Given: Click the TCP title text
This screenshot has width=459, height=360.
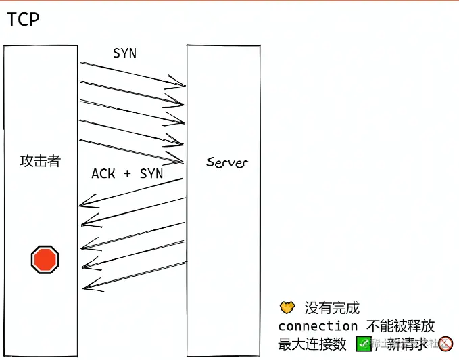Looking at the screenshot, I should click(x=23, y=20).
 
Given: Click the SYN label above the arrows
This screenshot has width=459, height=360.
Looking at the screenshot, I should click(x=124, y=53).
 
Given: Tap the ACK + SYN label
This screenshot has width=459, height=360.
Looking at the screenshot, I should click(x=127, y=174).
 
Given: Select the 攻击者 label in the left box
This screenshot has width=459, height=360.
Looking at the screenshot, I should click(x=40, y=161).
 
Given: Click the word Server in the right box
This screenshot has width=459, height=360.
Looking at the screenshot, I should click(x=227, y=162).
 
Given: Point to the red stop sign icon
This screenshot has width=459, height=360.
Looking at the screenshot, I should click(x=45, y=259).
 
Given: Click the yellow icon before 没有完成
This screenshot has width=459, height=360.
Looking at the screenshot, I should click(x=287, y=308).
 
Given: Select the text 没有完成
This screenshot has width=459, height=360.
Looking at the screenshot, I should click(x=332, y=309).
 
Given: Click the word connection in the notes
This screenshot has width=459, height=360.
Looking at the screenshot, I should click(x=318, y=326).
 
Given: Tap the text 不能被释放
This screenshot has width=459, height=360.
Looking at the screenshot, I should click(x=401, y=326).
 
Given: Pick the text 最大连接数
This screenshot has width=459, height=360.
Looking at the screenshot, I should click(x=312, y=344).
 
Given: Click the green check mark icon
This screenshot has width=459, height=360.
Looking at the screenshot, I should click(x=364, y=344).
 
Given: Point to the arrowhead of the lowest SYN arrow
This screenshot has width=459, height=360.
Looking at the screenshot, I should click(x=181, y=161).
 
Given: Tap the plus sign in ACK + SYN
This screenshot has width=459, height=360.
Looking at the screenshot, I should click(x=127, y=175).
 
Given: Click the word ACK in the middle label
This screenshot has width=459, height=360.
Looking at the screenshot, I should click(x=103, y=174).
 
